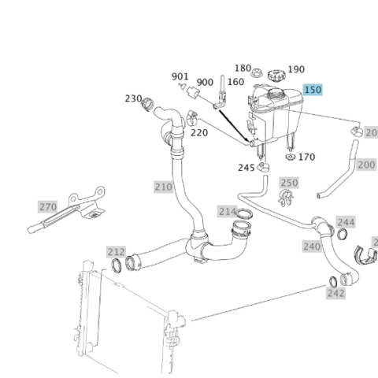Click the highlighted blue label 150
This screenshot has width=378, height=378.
click(313, 90)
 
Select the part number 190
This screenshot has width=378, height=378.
click(296, 69)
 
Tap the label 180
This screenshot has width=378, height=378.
click(243, 69)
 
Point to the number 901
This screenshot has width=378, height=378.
click(180, 76)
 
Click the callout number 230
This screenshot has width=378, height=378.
click(133, 98)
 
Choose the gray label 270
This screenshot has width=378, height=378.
click(48, 207)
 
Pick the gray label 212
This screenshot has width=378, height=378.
click(117, 252)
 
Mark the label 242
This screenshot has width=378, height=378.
click(335, 293)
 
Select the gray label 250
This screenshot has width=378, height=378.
click(289, 183)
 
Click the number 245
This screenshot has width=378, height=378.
click(246, 168)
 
